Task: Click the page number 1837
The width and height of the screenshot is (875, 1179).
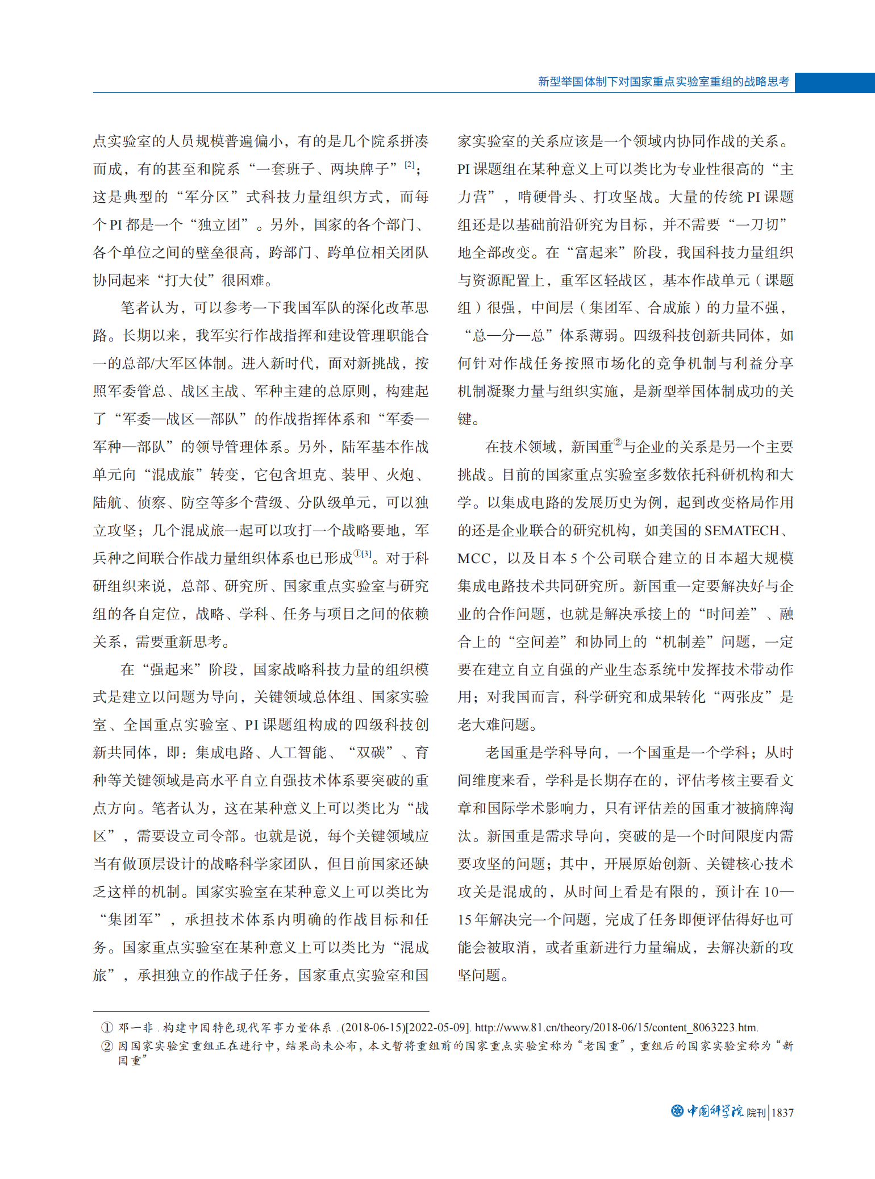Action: point(782,1113)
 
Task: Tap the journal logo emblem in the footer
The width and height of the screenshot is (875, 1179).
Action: point(677,1111)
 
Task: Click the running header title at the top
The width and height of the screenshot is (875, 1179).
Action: point(663,82)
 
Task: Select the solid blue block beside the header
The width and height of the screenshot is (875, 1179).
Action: point(835,82)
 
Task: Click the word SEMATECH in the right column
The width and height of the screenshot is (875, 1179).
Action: point(741,531)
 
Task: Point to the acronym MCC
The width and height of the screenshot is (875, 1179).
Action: point(474,559)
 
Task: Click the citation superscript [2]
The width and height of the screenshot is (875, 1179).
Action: point(410,165)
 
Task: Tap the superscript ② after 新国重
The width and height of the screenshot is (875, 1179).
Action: point(618,443)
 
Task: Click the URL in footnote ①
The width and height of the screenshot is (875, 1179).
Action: point(616,1028)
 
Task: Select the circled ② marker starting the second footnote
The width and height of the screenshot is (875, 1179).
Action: point(107,1046)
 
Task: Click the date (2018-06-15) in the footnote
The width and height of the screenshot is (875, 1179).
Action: point(372,1028)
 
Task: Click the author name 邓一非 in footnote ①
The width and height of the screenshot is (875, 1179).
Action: point(135,1028)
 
